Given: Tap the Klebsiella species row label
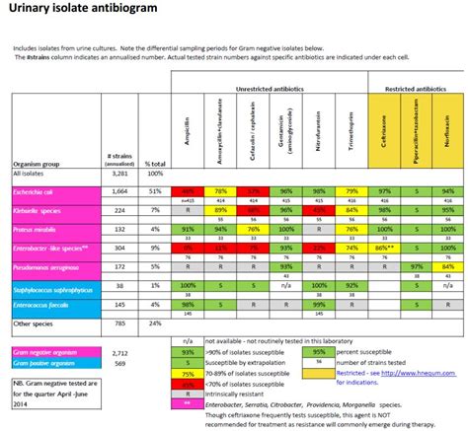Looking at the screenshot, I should click(x=38, y=210).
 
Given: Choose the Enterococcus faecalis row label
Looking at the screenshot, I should click(x=41, y=305).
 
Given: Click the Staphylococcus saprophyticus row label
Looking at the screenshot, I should click(x=45, y=285).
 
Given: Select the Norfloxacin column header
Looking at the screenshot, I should click(x=449, y=128).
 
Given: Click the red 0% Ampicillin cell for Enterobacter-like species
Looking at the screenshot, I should click(x=185, y=247).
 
